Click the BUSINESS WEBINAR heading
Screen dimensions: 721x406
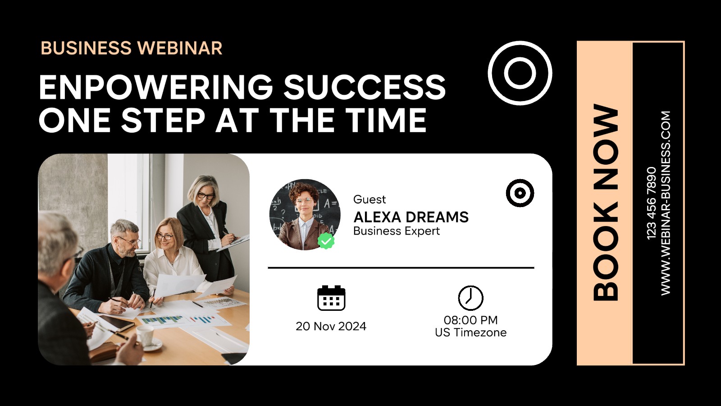[x=131, y=48]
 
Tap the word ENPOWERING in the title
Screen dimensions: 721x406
[x=156, y=87]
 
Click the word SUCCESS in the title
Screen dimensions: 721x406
[x=365, y=87]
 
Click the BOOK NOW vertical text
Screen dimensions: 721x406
[x=606, y=203]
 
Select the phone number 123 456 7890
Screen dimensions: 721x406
[x=651, y=203]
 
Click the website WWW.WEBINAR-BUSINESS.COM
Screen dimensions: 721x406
[x=665, y=203]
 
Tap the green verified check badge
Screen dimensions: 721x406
[x=326, y=241]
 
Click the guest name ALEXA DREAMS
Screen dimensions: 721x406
[x=411, y=217]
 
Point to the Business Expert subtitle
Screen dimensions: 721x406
[x=397, y=231]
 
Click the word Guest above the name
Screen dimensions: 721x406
[x=370, y=199]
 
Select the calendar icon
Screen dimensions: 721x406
[x=331, y=298]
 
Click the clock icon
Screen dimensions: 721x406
[x=470, y=298]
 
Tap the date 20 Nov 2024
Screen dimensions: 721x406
[x=331, y=327]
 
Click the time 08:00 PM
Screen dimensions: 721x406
[x=470, y=320]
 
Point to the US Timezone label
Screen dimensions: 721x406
[x=470, y=332]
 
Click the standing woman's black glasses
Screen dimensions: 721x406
[x=205, y=196]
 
